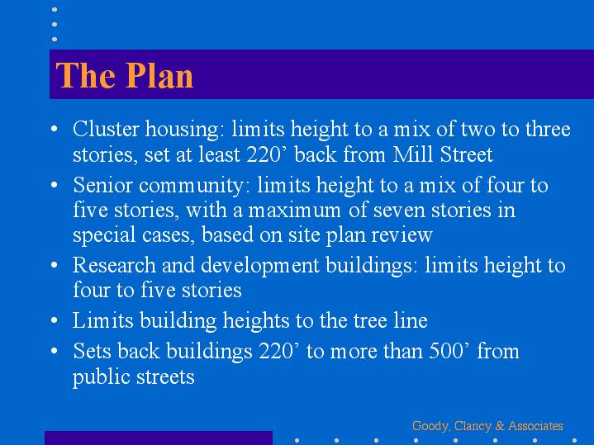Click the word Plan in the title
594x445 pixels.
coord(159,75)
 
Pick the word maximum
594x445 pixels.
coord(294,211)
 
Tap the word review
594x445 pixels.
coord(402,234)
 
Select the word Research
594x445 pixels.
coord(114,265)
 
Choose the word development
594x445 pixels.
coord(260,265)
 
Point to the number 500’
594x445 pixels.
coord(449,351)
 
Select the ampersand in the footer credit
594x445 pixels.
coord(500,426)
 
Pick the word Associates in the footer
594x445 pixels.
coord(535,426)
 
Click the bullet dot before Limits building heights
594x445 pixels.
coord(55,320)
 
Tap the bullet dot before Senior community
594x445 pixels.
coord(55,185)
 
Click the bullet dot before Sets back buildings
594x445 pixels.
coord(55,351)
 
